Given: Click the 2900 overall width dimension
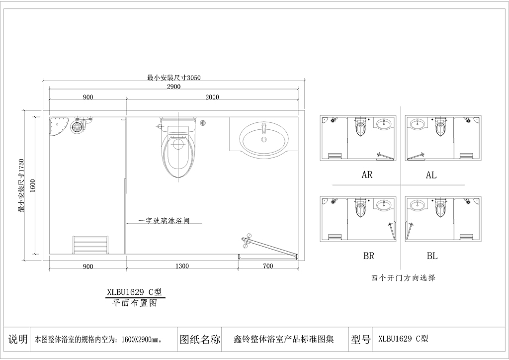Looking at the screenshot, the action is tap(173, 87).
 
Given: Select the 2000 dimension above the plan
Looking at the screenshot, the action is tap(212, 97).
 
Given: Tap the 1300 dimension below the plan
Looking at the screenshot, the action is tap(182, 266).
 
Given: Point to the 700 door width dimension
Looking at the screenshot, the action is tap(268, 266).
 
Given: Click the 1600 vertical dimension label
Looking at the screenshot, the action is tap(32, 185).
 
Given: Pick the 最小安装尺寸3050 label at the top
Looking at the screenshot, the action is tap(174, 78).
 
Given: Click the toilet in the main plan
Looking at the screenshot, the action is tap(177, 150).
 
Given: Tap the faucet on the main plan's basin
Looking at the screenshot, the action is tap(264, 128).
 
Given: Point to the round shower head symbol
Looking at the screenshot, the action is tap(77, 126).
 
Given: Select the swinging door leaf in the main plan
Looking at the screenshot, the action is tap(269, 246).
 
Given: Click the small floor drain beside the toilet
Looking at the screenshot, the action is tap(203, 123).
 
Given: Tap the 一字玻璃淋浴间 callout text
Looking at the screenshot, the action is tap(164, 221).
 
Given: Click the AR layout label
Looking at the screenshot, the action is tap(367, 175).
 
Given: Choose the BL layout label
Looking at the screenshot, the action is tap(432, 256).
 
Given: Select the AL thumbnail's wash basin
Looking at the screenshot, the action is tap(417, 124).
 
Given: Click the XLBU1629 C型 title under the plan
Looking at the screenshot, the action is tap(134, 292).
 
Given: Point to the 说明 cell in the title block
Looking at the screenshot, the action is tap(18, 339).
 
